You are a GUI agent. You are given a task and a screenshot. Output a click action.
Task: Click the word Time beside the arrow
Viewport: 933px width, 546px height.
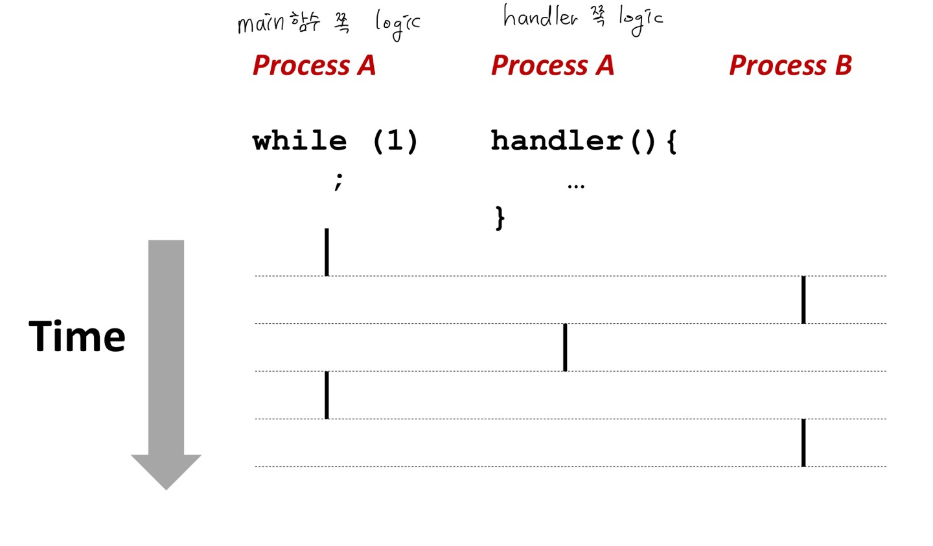click(x=77, y=337)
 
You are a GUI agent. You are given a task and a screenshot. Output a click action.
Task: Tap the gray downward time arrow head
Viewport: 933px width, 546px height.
click(x=166, y=471)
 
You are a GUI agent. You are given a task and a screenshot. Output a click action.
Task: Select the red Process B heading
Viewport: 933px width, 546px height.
click(x=790, y=65)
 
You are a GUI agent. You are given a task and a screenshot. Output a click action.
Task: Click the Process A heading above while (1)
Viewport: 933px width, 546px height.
click(x=314, y=65)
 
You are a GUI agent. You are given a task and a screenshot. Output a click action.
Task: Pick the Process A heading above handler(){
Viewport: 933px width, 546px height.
click(x=552, y=65)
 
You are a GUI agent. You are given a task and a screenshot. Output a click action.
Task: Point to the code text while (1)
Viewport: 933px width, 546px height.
click(x=335, y=141)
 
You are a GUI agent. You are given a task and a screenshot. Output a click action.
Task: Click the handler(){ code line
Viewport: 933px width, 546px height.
click(x=583, y=141)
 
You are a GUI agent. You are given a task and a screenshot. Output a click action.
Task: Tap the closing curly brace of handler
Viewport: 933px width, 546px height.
click(x=500, y=218)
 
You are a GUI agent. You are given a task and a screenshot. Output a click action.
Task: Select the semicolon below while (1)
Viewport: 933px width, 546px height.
click(x=338, y=181)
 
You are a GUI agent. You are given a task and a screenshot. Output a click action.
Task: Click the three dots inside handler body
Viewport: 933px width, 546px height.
click(x=575, y=187)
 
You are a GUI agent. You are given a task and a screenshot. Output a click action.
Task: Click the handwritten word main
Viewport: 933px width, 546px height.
click(x=260, y=23)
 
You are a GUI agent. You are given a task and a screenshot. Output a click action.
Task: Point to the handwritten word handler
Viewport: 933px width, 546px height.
click(x=540, y=17)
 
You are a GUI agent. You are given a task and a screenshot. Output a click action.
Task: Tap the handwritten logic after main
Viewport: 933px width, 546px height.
click(x=397, y=25)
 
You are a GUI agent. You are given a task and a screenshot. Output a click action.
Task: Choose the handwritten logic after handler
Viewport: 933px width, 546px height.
click(x=640, y=19)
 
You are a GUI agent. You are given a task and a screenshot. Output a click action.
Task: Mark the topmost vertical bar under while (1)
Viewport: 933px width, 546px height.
click(x=327, y=252)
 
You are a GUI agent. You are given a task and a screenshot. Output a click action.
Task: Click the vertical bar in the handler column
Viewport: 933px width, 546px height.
click(x=565, y=347)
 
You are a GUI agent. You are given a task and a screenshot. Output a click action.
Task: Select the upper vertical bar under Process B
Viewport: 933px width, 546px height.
click(x=803, y=299)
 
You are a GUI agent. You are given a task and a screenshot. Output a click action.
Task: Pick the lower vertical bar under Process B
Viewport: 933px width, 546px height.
click(x=803, y=442)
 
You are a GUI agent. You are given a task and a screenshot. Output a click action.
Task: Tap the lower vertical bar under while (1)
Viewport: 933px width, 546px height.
click(x=327, y=395)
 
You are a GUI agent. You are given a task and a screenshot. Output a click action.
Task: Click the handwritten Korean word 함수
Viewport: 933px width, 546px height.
click(x=305, y=23)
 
